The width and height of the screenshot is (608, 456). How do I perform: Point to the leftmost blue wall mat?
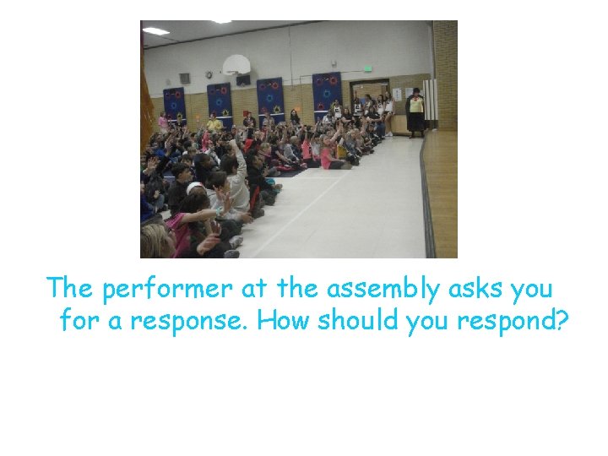174,104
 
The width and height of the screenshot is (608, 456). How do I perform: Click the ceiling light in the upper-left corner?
155,31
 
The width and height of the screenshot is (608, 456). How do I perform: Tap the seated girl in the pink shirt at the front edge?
326,155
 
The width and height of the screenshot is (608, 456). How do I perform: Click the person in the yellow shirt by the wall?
214,122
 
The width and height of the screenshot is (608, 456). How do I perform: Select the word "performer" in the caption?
167,289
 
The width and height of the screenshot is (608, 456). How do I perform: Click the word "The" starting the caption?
71,289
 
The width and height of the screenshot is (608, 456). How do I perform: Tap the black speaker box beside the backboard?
243,79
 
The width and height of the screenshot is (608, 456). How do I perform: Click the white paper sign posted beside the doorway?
398,93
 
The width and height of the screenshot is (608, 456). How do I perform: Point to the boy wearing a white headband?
195,189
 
